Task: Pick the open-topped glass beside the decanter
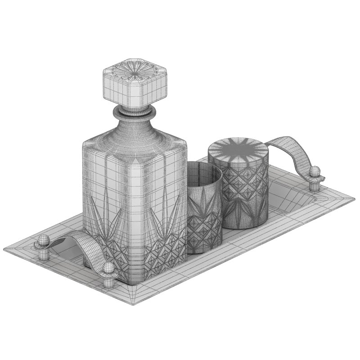pyautogui.click(x=203, y=207)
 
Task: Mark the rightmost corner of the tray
pyautogui.click(x=354, y=198)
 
